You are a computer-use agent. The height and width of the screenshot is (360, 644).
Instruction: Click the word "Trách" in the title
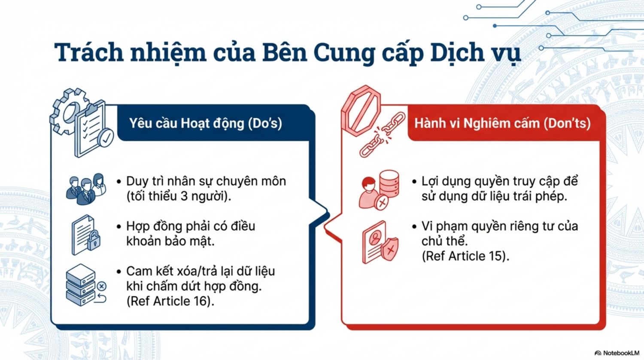(x=89, y=52)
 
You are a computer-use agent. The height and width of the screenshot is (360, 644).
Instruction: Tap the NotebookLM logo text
(x=621, y=353)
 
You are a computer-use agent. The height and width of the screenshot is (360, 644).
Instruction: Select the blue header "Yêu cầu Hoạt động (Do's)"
(x=206, y=123)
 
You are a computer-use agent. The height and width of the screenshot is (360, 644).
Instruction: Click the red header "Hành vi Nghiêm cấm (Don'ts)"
(x=503, y=123)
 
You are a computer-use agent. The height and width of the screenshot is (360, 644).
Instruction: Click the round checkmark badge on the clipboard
(x=106, y=138)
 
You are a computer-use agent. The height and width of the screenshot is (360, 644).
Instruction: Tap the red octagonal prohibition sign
(x=361, y=110)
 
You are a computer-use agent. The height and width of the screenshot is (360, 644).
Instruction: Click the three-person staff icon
(x=86, y=189)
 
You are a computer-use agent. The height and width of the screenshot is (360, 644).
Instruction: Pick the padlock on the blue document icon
(x=94, y=240)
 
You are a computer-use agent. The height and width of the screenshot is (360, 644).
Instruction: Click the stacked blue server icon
(x=81, y=285)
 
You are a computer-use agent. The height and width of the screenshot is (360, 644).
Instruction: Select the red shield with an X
(x=389, y=249)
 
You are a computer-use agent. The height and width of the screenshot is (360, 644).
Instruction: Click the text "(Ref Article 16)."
(x=170, y=301)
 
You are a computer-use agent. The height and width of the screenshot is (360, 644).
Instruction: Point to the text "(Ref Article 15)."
(x=465, y=256)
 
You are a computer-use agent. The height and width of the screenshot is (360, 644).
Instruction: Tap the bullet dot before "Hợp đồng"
(x=119, y=227)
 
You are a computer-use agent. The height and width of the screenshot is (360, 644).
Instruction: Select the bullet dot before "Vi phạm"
(x=414, y=227)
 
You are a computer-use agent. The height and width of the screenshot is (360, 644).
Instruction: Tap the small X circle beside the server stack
(x=101, y=286)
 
